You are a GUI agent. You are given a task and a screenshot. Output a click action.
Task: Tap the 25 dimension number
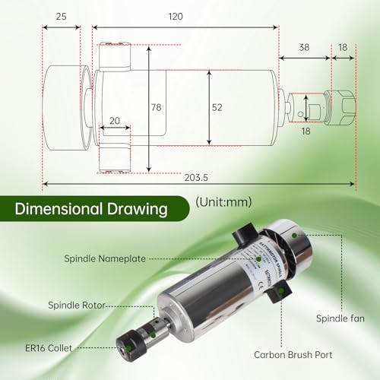tap(61, 16)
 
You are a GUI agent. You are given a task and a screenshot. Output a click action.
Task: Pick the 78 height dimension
tap(156, 108)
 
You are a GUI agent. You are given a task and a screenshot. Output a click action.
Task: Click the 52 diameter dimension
tap(217, 108)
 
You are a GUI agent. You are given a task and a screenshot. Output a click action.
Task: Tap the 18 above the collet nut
tap(344, 46)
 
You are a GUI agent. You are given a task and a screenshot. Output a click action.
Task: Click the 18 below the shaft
tap(307, 131)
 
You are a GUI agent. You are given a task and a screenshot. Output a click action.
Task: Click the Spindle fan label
tap(341, 317)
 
